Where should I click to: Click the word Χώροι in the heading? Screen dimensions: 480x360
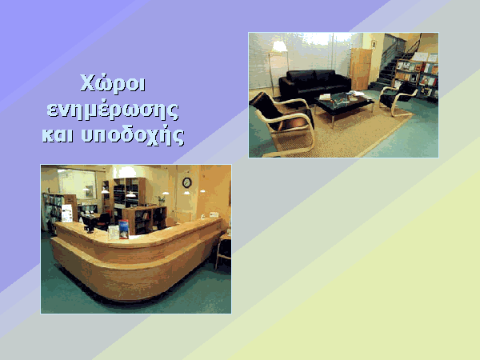tap(113, 83)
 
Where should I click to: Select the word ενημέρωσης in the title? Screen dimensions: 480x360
tap(113, 111)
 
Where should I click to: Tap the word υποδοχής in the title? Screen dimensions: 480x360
tap(133, 135)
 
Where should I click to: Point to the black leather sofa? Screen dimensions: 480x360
tap(314, 83)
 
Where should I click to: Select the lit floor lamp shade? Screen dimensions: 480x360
tap(279, 46)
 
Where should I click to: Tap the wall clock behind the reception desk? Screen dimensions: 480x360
tap(186, 182)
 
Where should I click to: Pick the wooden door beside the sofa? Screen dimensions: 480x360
tap(360, 69)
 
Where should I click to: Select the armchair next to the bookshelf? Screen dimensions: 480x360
tap(398, 98)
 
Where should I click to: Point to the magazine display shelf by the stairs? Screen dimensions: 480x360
tap(416, 77)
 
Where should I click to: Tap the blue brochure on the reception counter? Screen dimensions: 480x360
tap(124, 229)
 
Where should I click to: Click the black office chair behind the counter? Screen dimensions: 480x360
tap(103, 221)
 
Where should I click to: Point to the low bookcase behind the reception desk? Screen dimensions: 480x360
tap(145, 219)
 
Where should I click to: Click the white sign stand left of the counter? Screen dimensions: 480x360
tap(67, 213)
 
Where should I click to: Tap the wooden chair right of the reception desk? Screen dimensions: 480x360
tap(223, 250)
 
